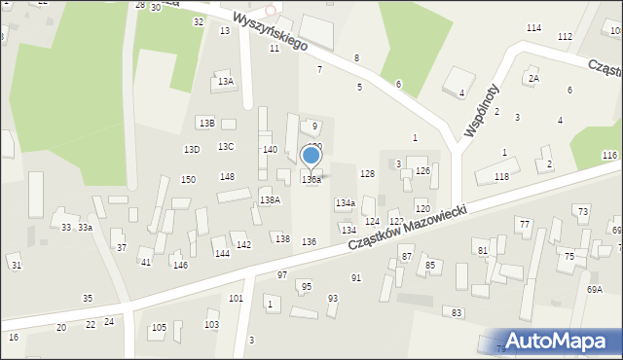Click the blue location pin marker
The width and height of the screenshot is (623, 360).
pos(311,156)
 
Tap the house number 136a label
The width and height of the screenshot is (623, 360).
pos(311,180)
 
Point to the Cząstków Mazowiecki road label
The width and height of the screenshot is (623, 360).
pos(409,227)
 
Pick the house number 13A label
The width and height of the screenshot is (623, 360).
pos(226,82)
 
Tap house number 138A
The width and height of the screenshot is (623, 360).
pos(270,199)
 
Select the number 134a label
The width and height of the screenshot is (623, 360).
pos(345,203)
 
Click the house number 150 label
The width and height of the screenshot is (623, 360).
pos(188,179)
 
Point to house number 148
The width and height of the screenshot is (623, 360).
pos(227,176)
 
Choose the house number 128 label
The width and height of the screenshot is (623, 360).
pos(367,173)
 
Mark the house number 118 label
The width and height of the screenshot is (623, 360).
pos(501,176)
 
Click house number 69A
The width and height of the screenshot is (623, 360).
pos(594,289)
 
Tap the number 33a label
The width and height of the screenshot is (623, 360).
pos(86,227)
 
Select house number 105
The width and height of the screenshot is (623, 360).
pos(159,328)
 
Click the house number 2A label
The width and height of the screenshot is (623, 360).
pos(533,78)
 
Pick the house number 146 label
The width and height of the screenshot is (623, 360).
pos(180,265)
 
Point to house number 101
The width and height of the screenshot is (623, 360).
pos(236,298)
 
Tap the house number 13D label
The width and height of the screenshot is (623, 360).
pos(192,149)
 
